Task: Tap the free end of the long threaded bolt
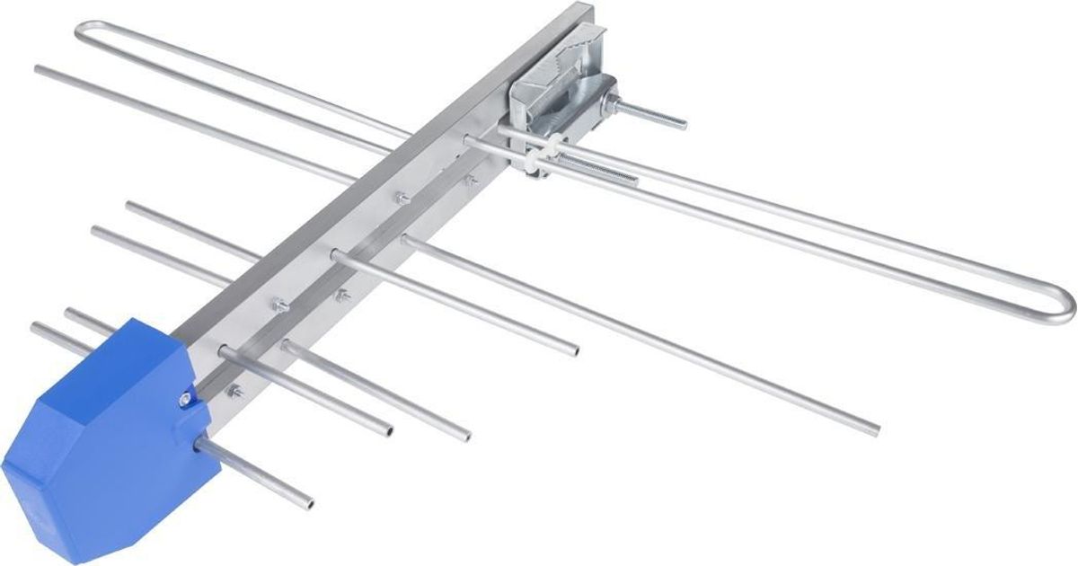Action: pyautogui.click(x=683, y=121)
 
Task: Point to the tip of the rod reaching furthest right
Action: pyautogui.click(x=875, y=429)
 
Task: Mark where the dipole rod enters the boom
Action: pyautogui.click(x=471, y=141)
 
